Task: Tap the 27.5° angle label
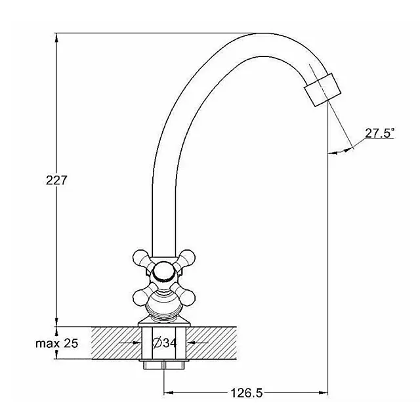pos(380,133)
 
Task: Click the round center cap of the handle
pos(162,270)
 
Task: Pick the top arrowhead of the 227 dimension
pos(57,36)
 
